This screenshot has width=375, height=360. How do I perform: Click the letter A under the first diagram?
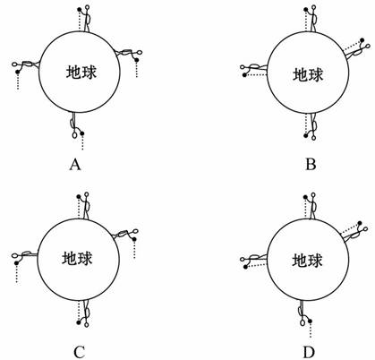click(x=75, y=164)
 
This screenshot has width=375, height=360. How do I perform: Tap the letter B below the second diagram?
click(x=311, y=164)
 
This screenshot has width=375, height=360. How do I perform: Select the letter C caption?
click(x=80, y=352)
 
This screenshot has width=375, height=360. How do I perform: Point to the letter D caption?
click(x=309, y=353)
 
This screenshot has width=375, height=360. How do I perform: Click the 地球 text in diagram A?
click(x=81, y=73)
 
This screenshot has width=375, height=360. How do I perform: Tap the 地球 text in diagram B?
click(x=308, y=74)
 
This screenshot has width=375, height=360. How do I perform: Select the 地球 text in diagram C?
click(x=77, y=258)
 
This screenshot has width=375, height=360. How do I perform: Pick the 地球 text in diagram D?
click(x=307, y=261)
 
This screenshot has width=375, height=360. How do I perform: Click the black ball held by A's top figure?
click(x=80, y=10)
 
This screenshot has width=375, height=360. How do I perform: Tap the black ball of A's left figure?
click(x=18, y=72)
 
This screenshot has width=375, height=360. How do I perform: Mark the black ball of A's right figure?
click(x=137, y=60)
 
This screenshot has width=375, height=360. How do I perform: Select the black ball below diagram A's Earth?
click(x=82, y=133)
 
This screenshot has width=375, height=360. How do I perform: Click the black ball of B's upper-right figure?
click(x=362, y=40)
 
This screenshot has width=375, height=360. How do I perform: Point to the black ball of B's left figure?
click(x=244, y=75)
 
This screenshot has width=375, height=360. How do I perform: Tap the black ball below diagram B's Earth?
click(x=306, y=136)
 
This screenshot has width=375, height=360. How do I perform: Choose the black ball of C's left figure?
click(x=16, y=263)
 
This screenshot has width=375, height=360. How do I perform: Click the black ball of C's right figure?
click(x=134, y=239)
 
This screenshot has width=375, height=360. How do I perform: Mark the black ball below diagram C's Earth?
click(x=79, y=322)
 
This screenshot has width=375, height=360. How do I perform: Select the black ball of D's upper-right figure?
click(x=360, y=223)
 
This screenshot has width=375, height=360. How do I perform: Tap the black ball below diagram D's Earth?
click(x=311, y=321)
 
